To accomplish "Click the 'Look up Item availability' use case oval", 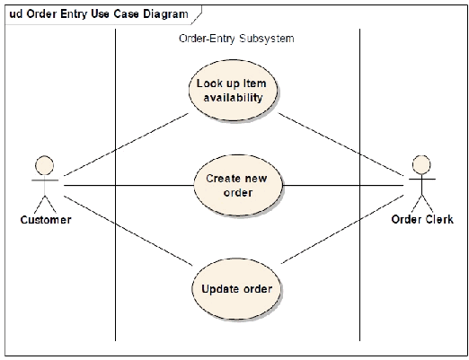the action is (233, 90).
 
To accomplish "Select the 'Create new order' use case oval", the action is (238, 185).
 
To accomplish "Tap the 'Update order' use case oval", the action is (236, 289).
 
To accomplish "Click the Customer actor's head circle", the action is (45, 165).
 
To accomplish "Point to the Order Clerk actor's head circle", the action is (421, 164).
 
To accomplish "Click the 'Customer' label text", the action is (46, 220).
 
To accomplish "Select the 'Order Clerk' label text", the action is (422, 219).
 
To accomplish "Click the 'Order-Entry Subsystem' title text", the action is (236, 39).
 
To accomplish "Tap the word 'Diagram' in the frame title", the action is (165, 14).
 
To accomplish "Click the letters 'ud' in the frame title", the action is (16, 13).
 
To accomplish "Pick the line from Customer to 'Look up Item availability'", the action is (127, 145).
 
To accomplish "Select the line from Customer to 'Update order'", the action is (128, 231).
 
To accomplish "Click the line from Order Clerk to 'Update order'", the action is (342, 229).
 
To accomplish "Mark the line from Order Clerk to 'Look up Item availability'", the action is (341, 144).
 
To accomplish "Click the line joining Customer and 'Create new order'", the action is (129, 186).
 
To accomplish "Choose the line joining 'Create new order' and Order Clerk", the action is (343, 186).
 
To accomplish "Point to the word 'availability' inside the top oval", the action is (233, 98).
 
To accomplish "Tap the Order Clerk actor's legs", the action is (421, 204).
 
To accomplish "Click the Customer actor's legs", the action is (45, 204).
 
